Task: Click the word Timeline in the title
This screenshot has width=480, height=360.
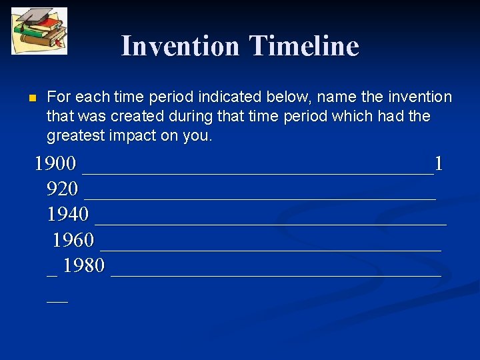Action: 304,46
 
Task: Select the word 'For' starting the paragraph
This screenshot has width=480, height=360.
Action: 59,97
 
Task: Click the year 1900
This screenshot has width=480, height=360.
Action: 55,163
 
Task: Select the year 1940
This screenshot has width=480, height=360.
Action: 67,215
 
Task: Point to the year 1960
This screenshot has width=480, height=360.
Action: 73,240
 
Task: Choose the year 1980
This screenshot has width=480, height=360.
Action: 84,266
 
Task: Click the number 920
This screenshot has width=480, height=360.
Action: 62,189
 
